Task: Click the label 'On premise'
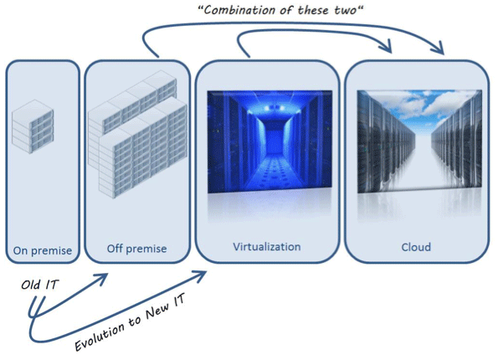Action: pos(42,249)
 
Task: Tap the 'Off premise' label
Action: pos(136,249)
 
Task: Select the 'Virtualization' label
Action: pos(266,247)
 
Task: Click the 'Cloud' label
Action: pos(415,247)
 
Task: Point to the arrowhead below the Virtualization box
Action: pos(202,275)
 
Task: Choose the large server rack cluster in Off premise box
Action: pos(137,138)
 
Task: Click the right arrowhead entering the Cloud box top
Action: pos(439,49)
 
